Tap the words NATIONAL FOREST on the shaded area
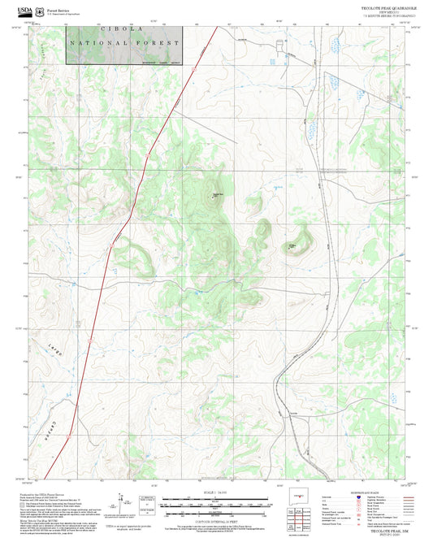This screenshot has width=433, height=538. (x=124, y=43)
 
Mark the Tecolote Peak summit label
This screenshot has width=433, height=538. (x=217, y=194)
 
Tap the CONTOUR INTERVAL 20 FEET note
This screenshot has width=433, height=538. (x=215, y=514)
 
